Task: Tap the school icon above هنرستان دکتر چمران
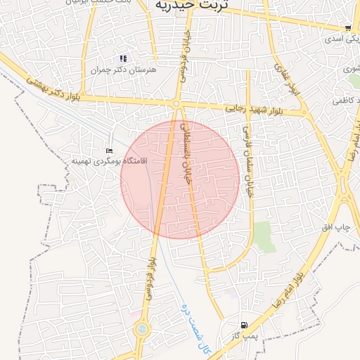(x=123, y=58)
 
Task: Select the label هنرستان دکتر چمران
(x=124, y=70)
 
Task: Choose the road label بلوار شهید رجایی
(x=255, y=110)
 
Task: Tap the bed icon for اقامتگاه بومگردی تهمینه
(x=108, y=151)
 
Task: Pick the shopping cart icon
(x=348, y=28)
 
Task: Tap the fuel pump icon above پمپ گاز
(x=243, y=325)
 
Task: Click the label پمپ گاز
(x=245, y=336)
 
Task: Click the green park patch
(x=264, y=236)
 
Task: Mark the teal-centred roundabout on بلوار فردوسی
(x=142, y=328)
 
